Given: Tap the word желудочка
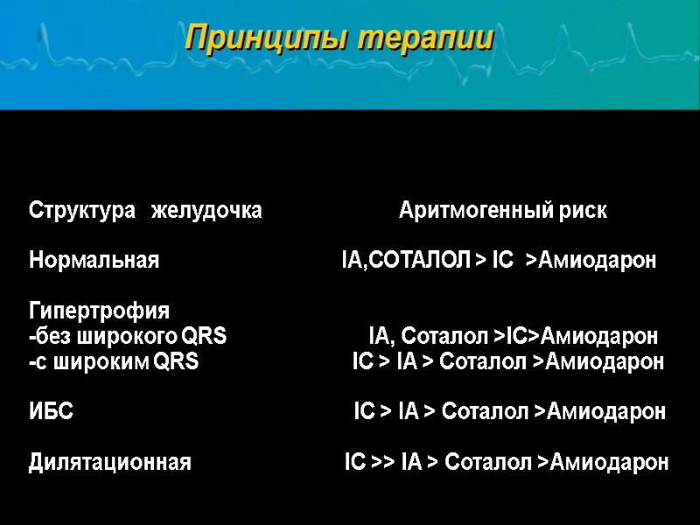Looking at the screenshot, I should point(206,211).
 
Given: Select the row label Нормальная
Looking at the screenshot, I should point(94,261).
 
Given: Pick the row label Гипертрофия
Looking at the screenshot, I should point(100,311).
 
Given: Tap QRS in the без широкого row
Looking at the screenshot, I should point(203,336).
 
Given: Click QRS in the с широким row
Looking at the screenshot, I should point(176,361).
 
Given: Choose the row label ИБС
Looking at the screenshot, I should point(52,411).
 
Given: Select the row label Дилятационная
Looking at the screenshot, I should point(110,462).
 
